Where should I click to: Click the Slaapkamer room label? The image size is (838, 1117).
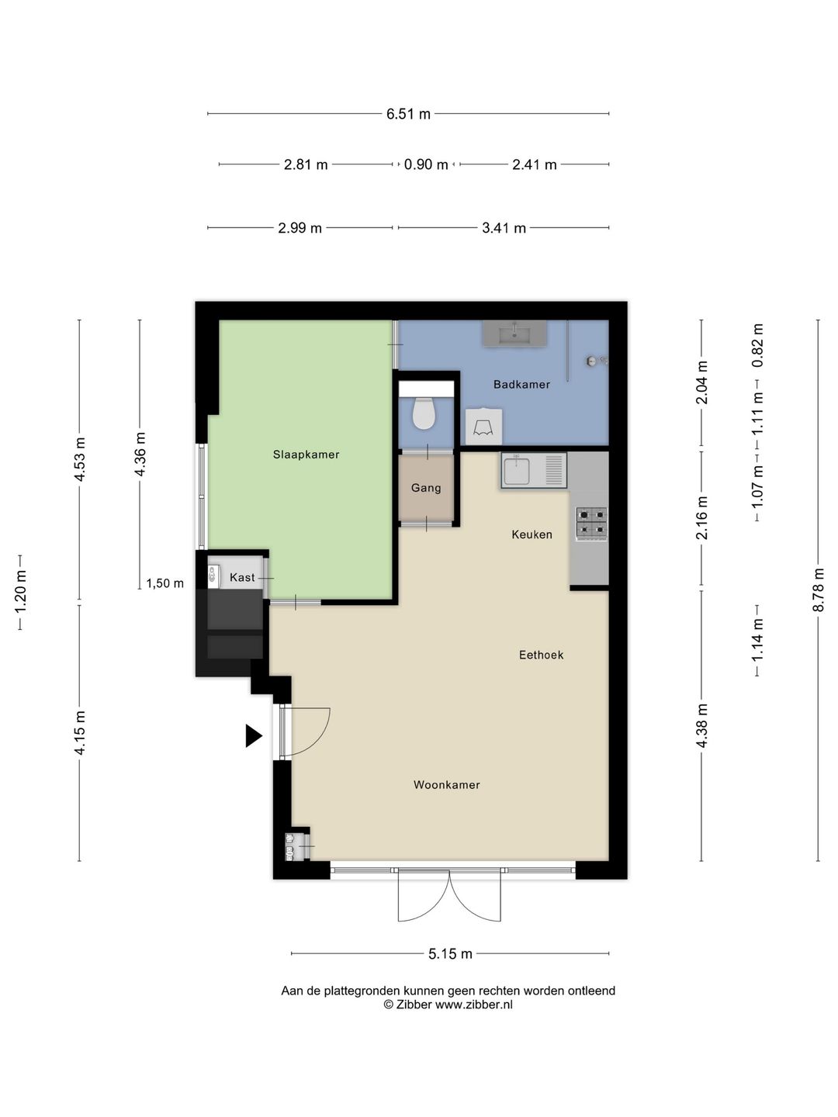click(x=306, y=455)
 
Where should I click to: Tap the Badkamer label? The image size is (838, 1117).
click(x=521, y=384)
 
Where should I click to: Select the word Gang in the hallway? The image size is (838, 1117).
click(x=426, y=488)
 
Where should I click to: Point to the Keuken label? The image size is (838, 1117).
click(x=532, y=534)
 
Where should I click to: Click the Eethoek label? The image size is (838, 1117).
click(x=541, y=655)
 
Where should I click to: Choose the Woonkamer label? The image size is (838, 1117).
click(x=447, y=785)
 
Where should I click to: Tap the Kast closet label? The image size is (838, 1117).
click(x=242, y=577)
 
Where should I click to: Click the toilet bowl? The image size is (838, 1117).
click(x=424, y=413)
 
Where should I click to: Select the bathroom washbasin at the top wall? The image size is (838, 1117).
click(x=514, y=334)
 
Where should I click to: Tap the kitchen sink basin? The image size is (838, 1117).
click(x=517, y=471)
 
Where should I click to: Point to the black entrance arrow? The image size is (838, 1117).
click(x=254, y=736)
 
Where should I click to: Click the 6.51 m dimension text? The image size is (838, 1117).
click(x=408, y=114)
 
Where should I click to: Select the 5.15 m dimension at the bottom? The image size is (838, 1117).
click(x=450, y=953)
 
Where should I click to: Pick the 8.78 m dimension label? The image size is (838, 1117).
click(x=818, y=590)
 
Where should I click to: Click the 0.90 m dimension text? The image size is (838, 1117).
click(x=426, y=165)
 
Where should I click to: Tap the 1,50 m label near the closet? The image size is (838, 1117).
click(x=164, y=583)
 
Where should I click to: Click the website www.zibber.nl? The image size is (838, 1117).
click(x=473, y=1004)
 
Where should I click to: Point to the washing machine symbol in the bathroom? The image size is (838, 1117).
click(x=484, y=427)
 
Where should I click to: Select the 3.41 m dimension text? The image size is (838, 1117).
click(x=504, y=228)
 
